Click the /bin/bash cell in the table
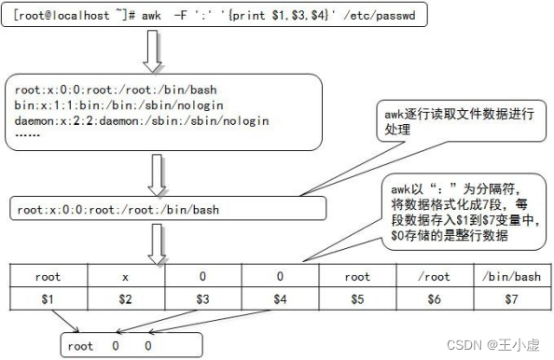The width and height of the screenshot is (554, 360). tap(511, 277)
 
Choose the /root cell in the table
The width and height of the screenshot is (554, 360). tap(435, 277)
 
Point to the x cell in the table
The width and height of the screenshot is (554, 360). tap(125, 277)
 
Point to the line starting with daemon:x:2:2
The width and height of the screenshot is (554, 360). tap(142, 120)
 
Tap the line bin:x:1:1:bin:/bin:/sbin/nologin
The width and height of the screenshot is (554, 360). tap(132, 105)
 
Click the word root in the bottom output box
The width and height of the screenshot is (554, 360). tap(81, 345)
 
